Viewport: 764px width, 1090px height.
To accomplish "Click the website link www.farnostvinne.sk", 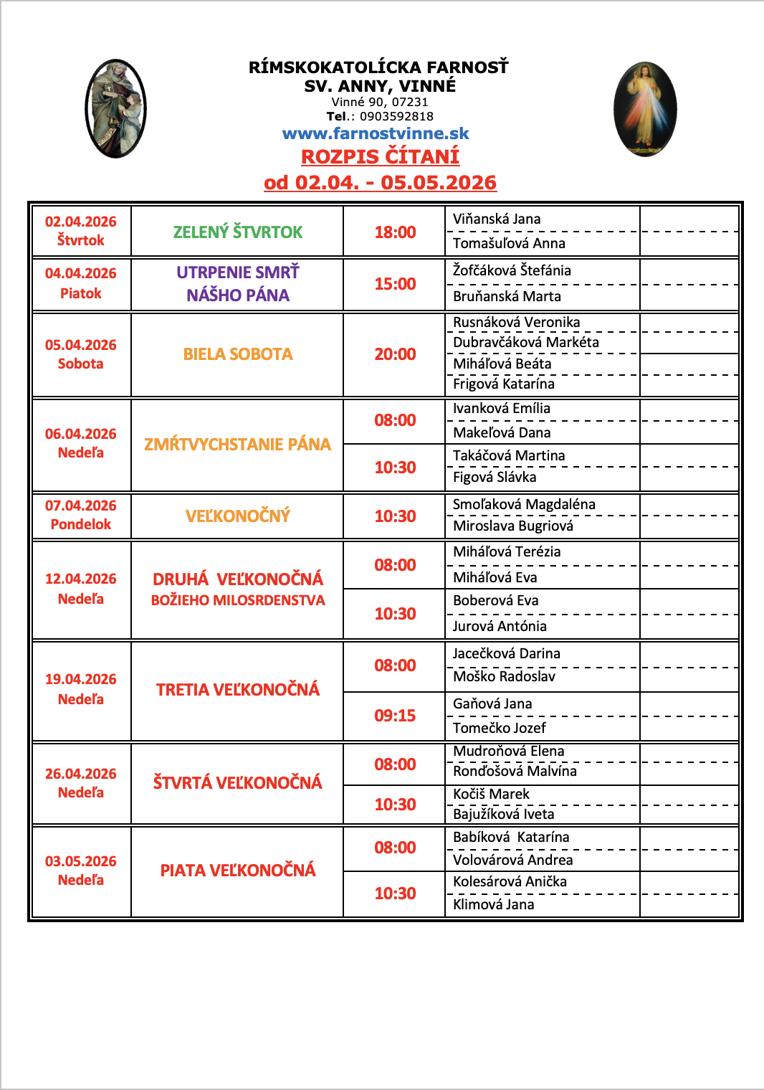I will pyautogui.click(x=376, y=133).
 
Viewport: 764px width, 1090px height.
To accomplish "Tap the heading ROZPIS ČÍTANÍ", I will pyautogui.click(x=380, y=156).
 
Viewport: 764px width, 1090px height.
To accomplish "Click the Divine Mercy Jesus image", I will pyautogui.click(x=645, y=109).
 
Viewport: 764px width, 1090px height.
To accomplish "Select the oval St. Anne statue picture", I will pyautogui.click(x=115, y=108).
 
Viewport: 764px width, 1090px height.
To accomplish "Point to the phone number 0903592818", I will pyautogui.click(x=396, y=116).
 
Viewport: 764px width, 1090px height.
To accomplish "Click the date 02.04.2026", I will pyautogui.click(x=80, y=222).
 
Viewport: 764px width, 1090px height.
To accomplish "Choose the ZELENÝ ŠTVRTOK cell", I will pyautogui.click(x=237, y=232).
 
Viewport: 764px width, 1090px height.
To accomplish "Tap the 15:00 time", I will pyautogui.click(x=395, y=284).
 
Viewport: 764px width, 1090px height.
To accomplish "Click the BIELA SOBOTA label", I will pyautogui.click(x=237, y=354).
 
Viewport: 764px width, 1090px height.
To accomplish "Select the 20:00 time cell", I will pyautogui.click(x=395, y=354).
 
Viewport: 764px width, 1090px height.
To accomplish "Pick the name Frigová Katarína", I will pyautogui.click(x=503, y=384).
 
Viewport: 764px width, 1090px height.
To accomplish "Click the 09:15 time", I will pyautogui.click(x=395, y=716).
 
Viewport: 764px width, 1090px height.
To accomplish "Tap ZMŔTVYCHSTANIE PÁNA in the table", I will pyautogui.click(x=237, y=445).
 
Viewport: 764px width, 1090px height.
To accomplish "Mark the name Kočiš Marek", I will pyautogui.click(x=491, y=794).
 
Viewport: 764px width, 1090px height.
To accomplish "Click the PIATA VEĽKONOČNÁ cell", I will pyautogui.click(x=237, y=871).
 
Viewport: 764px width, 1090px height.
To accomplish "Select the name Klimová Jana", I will pyautogui.click(x=493, y=904).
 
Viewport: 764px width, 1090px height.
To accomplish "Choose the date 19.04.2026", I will pyautogui.click(x=80, y=679).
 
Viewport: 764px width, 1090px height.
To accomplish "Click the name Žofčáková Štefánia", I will pyautogui.click(x=512, y=270).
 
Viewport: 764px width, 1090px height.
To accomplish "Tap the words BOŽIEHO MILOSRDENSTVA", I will pyautogui.click(x=237, y=600).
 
